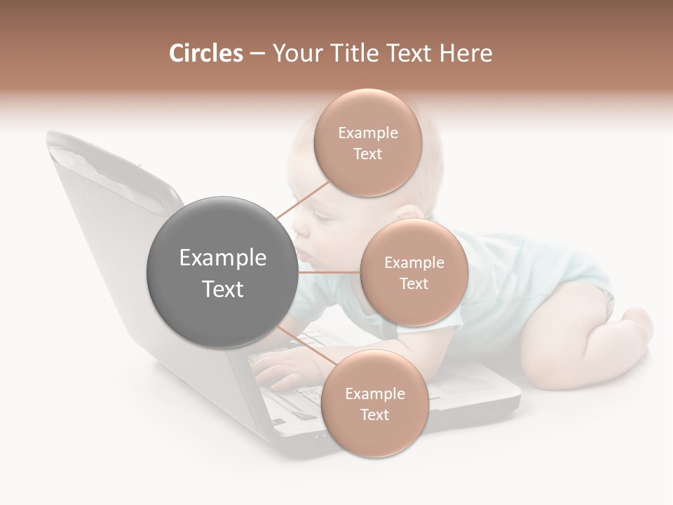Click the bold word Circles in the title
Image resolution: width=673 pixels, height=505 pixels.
(205, 53)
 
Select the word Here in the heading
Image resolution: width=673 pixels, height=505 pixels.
(465, 53)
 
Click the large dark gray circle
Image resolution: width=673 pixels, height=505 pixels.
(222, 272)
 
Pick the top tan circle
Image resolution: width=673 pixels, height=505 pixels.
(367, 142)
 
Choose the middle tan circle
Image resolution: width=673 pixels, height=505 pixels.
(414, 272)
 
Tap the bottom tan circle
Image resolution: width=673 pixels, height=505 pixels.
(374, 403)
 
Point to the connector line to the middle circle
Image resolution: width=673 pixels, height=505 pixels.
(328, 272)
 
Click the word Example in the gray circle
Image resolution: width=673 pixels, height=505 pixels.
(222, 258)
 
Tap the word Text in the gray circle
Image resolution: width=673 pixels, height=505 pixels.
(222, 289)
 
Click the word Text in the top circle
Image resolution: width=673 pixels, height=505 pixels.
(367, 154)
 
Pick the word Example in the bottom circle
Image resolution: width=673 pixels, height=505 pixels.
(374, 393)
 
